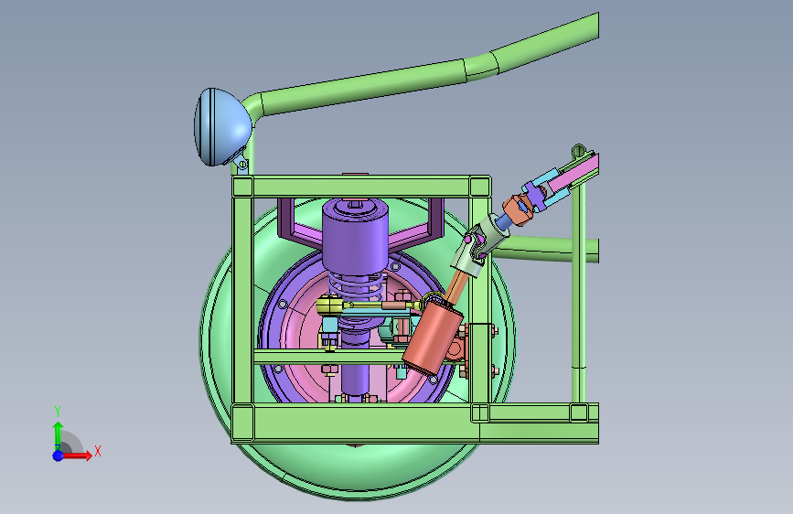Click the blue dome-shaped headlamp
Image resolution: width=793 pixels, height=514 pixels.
[x=222, y=126]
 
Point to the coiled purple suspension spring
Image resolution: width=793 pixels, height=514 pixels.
[x=357, y=287]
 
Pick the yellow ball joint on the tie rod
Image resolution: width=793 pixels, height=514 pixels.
[x=329, y=305]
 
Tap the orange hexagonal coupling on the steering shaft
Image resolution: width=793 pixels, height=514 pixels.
[x=517, y=209]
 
